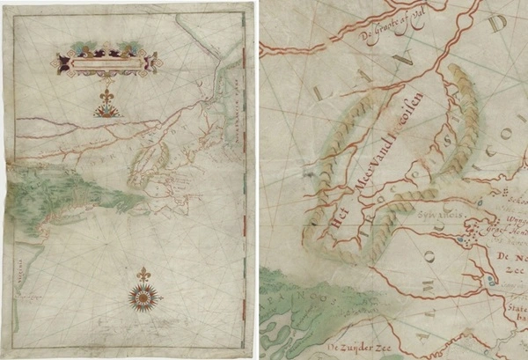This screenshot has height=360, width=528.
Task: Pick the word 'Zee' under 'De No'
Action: (x=510, y=273)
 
